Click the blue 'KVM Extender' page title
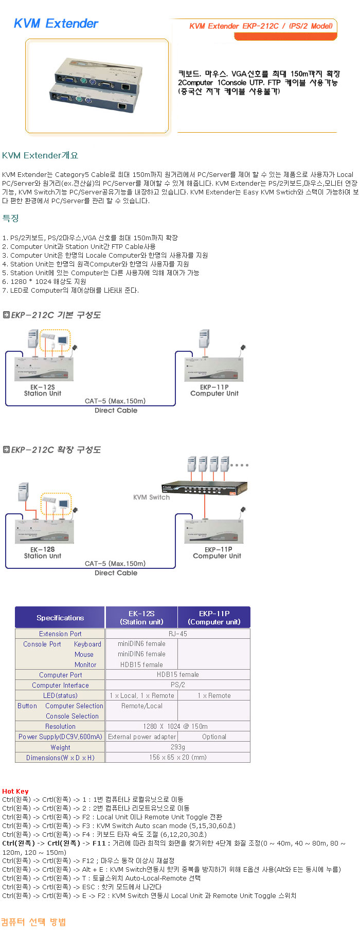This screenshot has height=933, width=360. pyautogui.click(x=56, y=24)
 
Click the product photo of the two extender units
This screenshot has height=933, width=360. pyautogui.click(x=97, y=85)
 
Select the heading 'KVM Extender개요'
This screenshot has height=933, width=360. pyautogui.click(x=40, y=155)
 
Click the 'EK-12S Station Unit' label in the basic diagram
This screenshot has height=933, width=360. pyautogui.click(x=42, y=390)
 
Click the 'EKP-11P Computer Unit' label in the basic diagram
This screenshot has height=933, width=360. pyautogui.click(x=214, y=390)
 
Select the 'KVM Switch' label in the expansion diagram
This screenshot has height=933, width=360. pyautogui.click(x=151, y=497)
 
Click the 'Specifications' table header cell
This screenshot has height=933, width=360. pyautogui.click(x=60, y=618)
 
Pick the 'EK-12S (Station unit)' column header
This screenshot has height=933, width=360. pyautogui.click(x=141, y=618)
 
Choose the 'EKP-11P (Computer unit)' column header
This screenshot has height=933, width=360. pyautogui.click(x=214, y=618)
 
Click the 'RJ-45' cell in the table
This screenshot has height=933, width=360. pyautogui.click(x=178, y=634)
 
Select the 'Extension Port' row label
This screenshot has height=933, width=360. pyautogui.click(x=60, y=634)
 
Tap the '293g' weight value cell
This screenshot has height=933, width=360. pyautogui.click(x=178, y=747)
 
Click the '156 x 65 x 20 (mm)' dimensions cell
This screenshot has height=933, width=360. pyautogui.click(x=178, y=758)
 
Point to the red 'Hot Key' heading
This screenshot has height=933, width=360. pyautogui.click(x=15, y=791)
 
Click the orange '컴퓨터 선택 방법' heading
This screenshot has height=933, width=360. pyautogui.click(x=33, y=922)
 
